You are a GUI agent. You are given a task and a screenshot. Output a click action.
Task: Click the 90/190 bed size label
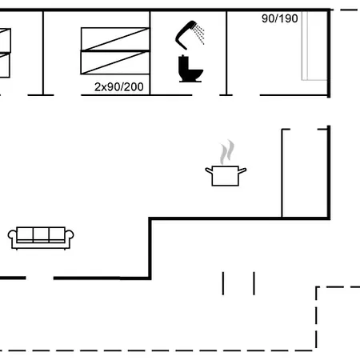click(280, 18)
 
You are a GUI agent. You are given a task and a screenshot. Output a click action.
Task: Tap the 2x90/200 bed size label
click(119, 87)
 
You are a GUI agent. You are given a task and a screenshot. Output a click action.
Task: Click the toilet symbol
click(190, 69)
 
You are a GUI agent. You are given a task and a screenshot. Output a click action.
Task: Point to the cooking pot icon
click(226, 175)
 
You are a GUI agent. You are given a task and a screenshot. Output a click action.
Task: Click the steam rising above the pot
click(227, 152)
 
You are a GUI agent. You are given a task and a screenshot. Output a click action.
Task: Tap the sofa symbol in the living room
click(41, 238)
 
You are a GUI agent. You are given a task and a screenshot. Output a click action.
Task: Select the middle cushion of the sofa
click(41, 234)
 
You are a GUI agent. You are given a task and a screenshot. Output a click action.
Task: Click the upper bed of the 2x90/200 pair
click(115, 38)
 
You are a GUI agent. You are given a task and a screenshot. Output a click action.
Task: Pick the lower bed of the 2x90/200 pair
click(115, 62)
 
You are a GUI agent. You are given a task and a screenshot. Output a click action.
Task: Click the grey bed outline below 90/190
click(314, 46)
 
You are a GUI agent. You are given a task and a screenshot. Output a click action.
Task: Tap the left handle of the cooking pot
click(209, 170)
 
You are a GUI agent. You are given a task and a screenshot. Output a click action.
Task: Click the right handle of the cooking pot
click(242, 170)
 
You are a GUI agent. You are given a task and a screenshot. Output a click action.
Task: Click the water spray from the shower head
click(200, 34)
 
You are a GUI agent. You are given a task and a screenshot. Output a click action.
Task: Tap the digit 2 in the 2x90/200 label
click(98, 87)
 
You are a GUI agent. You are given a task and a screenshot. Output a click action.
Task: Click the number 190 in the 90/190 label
click(289, 18)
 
